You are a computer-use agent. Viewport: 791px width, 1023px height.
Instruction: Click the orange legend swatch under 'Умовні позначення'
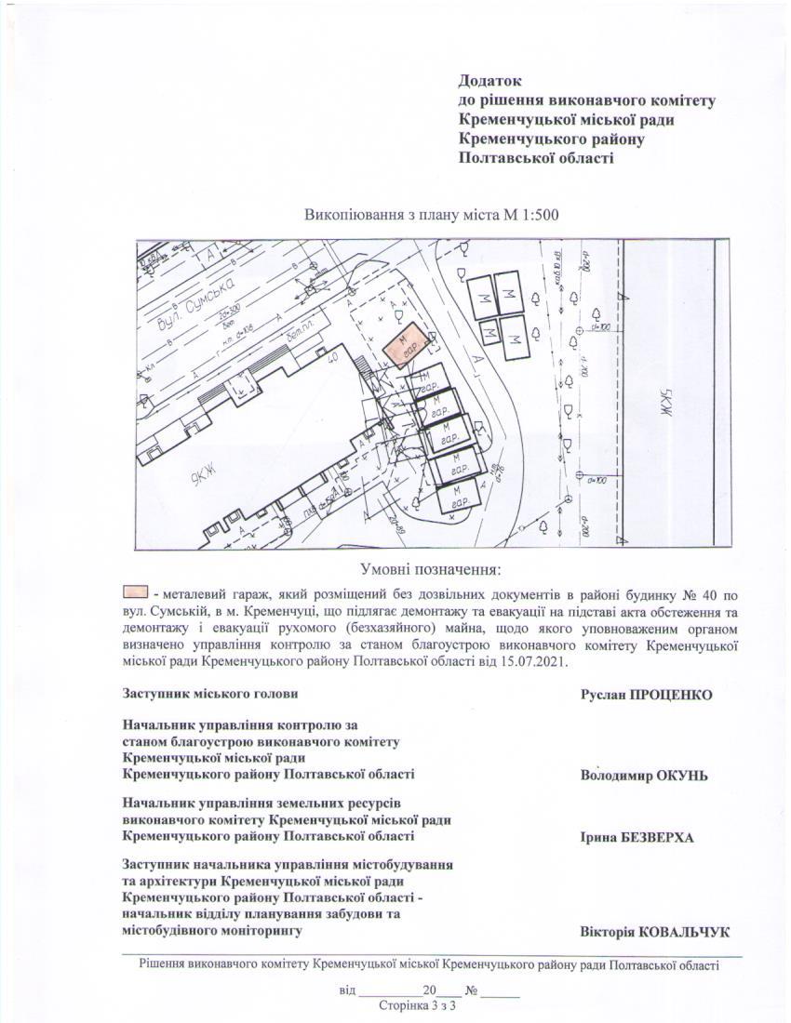click(135, 591)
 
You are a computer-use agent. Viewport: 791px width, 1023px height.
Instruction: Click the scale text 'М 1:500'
click(530, 215)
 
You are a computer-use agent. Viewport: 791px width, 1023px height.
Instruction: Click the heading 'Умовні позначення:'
click(431, 569)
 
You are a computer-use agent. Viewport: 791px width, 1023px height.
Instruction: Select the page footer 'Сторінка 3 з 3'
click(420, 1006)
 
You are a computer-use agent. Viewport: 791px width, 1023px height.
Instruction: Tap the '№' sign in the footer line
click(472, 990)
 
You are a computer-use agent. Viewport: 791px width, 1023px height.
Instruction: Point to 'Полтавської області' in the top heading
click(536, 158)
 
